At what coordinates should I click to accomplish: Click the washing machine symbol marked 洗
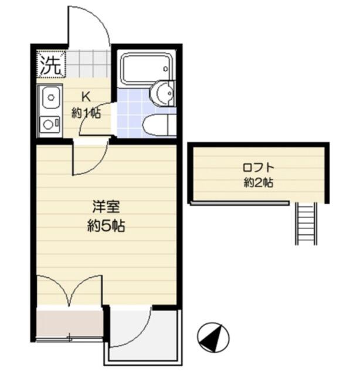coord(51,64)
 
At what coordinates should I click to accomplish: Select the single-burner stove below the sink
coord(50,124)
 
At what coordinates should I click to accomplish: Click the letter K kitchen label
coord(86,97)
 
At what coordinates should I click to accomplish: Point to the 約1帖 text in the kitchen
coord(86,113)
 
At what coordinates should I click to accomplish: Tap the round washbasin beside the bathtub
coord(162,93)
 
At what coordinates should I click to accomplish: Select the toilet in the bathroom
coord(158,125)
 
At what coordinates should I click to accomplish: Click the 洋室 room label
coord(106,207)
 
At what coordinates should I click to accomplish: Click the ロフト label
coord(259,167)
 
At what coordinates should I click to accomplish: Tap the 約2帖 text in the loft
coord(259,183)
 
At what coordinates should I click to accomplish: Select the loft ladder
coord(306,223)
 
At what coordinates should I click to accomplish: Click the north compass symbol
coord(213,337)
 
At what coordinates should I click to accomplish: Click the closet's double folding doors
coord(69,290)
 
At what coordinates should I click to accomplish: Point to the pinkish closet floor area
coord(69,323)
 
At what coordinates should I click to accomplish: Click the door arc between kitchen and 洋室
coord(98,165)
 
